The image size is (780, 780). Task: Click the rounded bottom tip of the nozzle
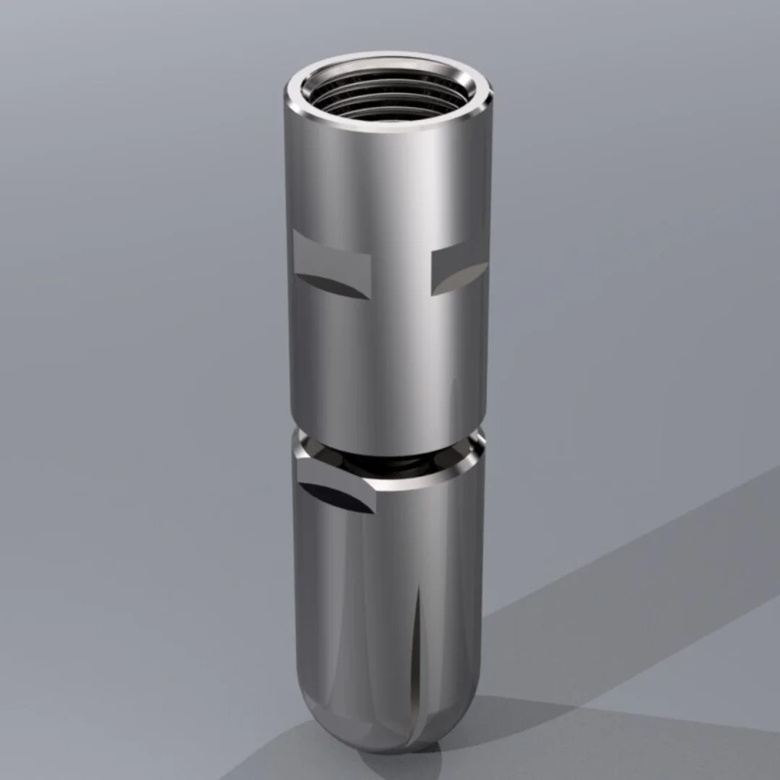(394, 733)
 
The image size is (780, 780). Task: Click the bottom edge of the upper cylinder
(383, 451)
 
